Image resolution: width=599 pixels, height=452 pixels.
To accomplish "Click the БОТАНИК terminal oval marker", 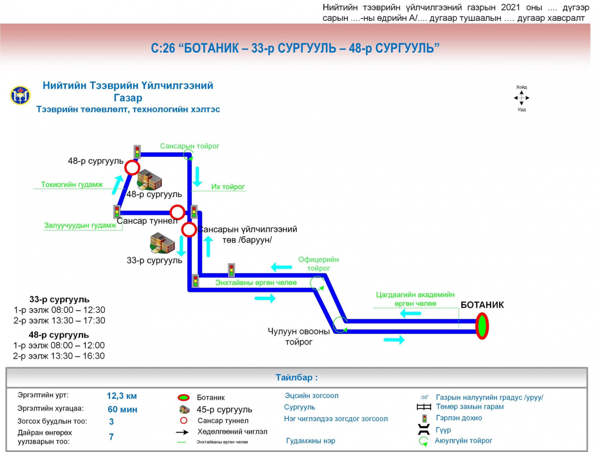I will pyautogui.click(x=482, y=326).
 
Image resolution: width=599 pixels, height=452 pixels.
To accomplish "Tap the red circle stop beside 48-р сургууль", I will pyautogui.click(x=132, y=168).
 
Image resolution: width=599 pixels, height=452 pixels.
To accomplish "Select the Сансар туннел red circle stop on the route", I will pyautogui.click(x=177, y=212).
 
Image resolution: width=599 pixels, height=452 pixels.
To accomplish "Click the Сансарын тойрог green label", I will pyautogui.click(x=189, y=146).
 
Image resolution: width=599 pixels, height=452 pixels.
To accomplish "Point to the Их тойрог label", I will pyautogui.click(x=228, y=187).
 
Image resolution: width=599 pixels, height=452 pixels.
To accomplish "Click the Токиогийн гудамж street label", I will pyautogui.click(x=72, y=185).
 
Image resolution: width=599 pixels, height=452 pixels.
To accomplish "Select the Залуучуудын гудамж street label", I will pyautogui.click(x=80, y=225).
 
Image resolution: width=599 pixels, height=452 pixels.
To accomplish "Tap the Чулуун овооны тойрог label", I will pyautogui.click(x=299, y=337).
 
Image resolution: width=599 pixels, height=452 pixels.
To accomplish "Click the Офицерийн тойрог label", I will pyautogui.click(x=318, y=264).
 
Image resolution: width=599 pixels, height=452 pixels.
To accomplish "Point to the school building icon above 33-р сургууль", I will pyautogui.click(x=162, y=243).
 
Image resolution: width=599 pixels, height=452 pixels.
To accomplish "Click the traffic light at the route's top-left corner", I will pyautogui.click(x=137, y=152).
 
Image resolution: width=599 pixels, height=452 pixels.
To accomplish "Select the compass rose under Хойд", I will pyautogui.click(x=521, y=98).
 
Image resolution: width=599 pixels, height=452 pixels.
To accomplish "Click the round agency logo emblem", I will pyautogui.click(x=20, y=95).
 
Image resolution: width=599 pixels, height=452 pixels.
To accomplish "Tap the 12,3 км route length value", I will pyautogui.click(x=122, y=396).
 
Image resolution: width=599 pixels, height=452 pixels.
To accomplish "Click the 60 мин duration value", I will pyautogui.click(x=122, y=409).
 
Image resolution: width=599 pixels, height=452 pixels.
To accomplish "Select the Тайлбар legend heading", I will pyautogui.click(x=296, y=377).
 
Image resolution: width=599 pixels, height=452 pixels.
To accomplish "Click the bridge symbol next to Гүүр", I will pyautogui.click(x=424, y=429).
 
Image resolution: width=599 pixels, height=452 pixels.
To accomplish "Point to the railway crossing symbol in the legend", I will pyautogui.click(x=424, y=407).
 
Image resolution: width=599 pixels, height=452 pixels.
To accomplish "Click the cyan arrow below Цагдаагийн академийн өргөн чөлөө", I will pyautogui.click(x=410, y=313).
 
